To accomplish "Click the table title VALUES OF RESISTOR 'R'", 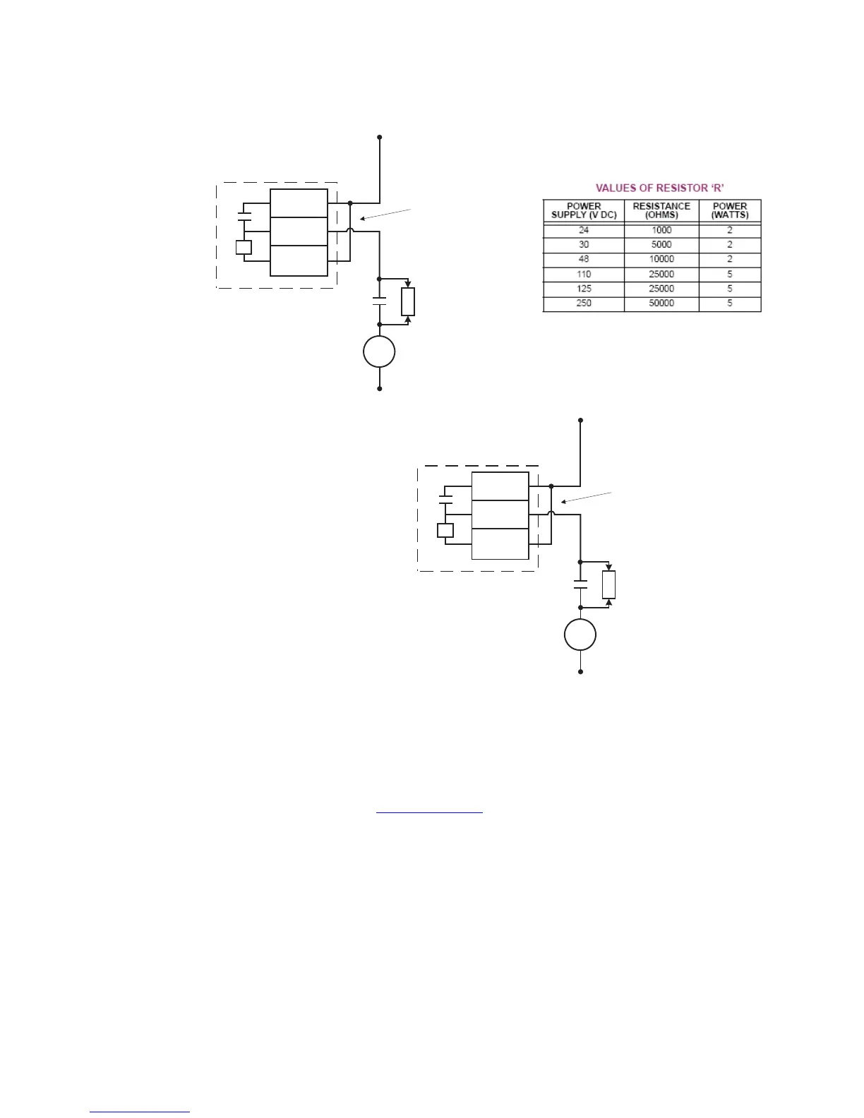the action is (x=660, y=188).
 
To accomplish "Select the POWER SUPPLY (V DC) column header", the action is (x=584, y=210).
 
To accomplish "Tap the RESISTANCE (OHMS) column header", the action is (x=661, y=210).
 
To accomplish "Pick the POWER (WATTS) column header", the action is (x=730, y=210).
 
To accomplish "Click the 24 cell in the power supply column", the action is (x=584, y=230).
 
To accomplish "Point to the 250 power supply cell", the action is (x=584, y=303).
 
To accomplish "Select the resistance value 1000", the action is (x=661, y=230).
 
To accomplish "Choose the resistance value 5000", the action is (x=661, y=245).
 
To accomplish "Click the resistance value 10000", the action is (x=661, y=259).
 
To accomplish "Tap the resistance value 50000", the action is (x=661, y=303).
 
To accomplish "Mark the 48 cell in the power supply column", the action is (x=584, y=259).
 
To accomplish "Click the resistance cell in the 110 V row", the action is (x=661, y=274).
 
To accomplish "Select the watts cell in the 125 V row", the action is (x=730, y=289).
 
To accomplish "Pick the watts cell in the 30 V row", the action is (x=730, y=245).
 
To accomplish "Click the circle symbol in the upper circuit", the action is (x=379, y=351).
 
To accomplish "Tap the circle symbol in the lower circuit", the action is (x=580, y=635).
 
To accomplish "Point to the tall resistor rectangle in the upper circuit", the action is (x=408, y=301).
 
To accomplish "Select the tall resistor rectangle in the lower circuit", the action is (x=609, y=584).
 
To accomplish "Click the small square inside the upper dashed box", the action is (x=244, y=248).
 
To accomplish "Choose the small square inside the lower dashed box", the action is (x=445, y=530).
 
